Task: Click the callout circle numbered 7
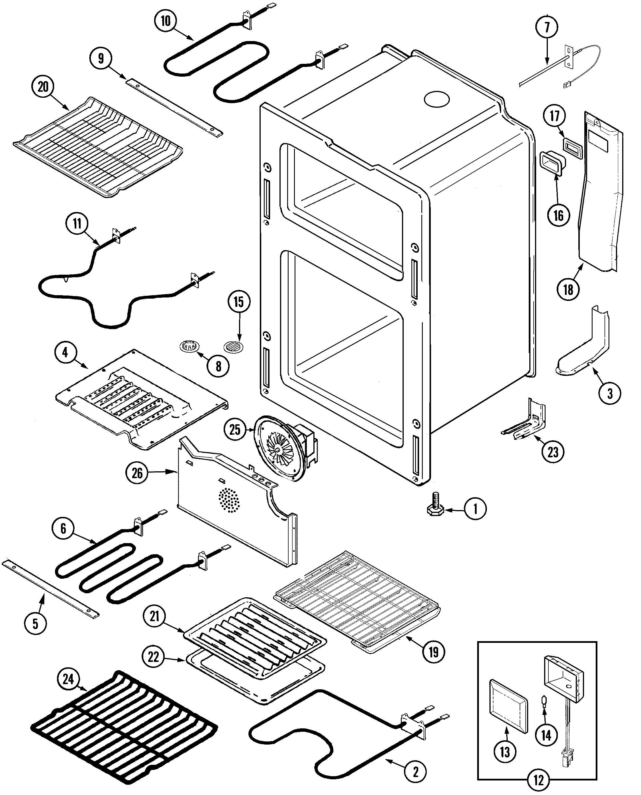point(546,27)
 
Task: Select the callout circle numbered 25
point(235,429)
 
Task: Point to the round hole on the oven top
point(437,99)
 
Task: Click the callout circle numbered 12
point(539,780)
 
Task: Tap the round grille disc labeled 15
point(233,347)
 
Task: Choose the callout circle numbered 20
point(43,87)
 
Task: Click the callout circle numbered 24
point(68,679)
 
